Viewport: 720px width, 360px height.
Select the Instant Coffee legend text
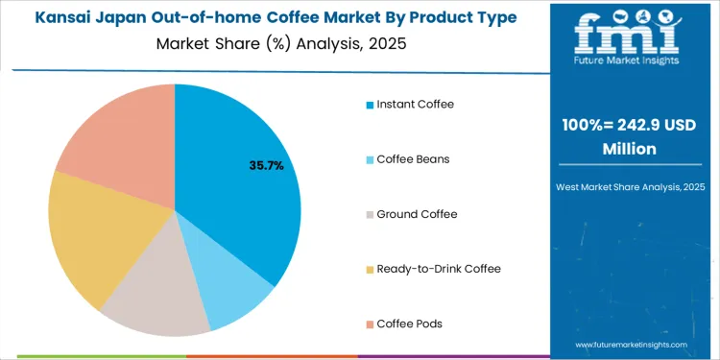coord(416,104)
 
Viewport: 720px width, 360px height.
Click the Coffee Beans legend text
coord(414,158)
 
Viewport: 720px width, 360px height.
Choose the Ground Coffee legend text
coord(417,213)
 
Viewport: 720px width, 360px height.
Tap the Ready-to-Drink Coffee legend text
coord(439,268)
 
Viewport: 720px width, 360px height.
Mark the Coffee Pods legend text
coord(410,323)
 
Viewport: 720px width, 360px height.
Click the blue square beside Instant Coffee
coord(370,104)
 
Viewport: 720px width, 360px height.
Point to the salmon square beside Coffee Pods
coord(370,323)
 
